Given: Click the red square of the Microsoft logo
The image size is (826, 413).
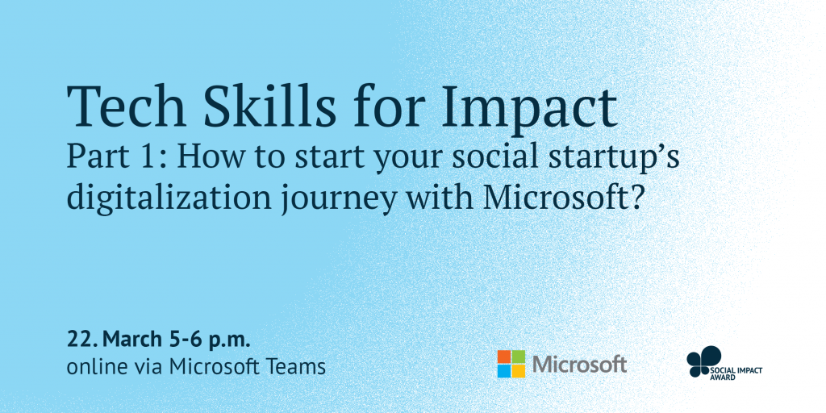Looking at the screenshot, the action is (504, 357).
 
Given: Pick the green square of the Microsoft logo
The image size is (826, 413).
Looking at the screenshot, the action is (519, 357).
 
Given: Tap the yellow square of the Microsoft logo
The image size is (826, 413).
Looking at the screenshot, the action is (519, 371).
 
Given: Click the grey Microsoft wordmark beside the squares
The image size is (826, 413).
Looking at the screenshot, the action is (579, 364).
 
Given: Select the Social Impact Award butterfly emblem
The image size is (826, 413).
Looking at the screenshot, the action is (703, 361).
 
